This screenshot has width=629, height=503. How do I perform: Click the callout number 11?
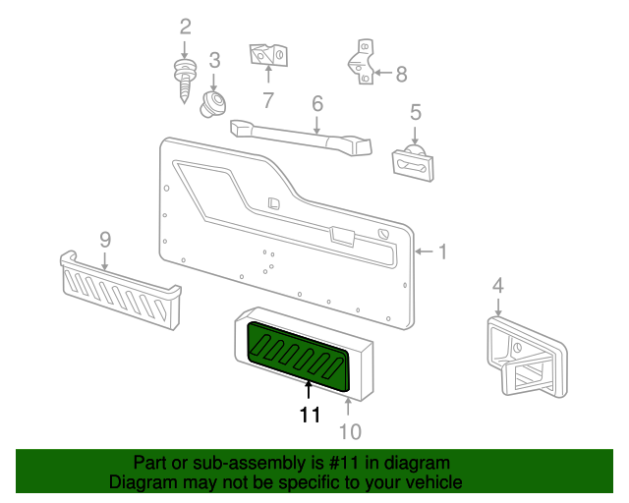click(310, 416)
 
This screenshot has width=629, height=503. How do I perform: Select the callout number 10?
click(350, 431)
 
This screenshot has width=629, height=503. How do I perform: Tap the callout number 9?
click(104, 239)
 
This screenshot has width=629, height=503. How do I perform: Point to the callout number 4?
click(498, 286)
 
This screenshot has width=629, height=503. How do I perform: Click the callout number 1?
click(441, 252)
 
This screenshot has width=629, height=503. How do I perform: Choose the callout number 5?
click(415, 112)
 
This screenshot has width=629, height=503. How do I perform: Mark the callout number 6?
click(316, 103)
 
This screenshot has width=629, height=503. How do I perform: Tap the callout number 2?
click(184, 27)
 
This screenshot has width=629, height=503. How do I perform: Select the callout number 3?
click(214, 61)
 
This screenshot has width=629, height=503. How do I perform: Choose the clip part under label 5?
click(413, 164)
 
